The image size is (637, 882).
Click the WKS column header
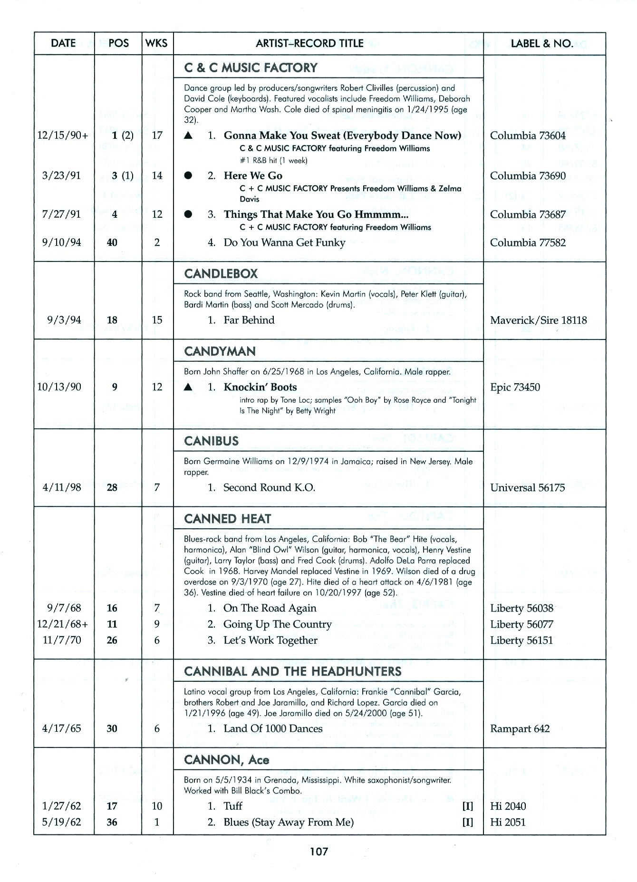156,43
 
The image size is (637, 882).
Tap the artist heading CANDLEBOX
221,274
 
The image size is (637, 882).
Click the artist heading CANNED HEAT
227,518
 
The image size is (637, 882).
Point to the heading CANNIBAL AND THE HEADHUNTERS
292,671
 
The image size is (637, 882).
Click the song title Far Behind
249,320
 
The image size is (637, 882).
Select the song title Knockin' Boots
260,387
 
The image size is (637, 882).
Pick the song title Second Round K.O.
269,487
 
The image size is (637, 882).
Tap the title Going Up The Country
277,624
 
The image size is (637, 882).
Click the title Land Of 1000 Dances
273,728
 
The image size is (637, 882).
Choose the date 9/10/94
61,242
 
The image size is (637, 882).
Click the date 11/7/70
62,640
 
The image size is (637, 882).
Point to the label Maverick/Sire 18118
538,320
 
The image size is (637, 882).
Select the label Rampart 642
520,728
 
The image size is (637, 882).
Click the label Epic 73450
515,387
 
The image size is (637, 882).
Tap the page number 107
318,851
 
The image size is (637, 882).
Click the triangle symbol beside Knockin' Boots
188,388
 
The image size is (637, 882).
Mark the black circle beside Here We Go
188,175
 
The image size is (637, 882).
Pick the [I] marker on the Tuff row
468,806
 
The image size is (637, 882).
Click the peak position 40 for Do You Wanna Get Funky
112,242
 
